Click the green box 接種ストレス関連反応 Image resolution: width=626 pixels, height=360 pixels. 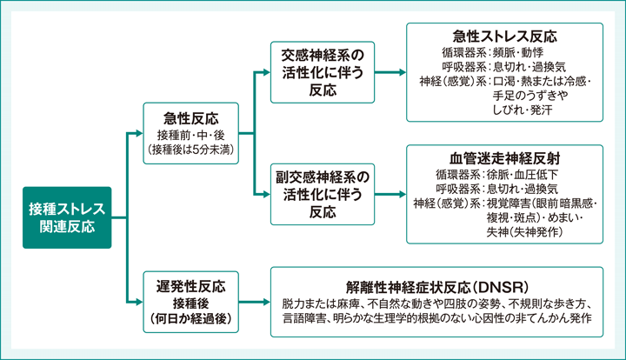pyautogui.click(x=67, y=217)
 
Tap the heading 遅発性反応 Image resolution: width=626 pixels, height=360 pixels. pyautogui.click(x=190, y=285)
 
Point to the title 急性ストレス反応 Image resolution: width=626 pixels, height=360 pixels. pyautogui.click(x=504, y=37)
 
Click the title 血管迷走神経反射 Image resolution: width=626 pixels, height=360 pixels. pyautogui.click(x=504, y=157)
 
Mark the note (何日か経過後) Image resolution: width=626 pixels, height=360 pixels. pyautogui.click(x=190, y=317)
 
